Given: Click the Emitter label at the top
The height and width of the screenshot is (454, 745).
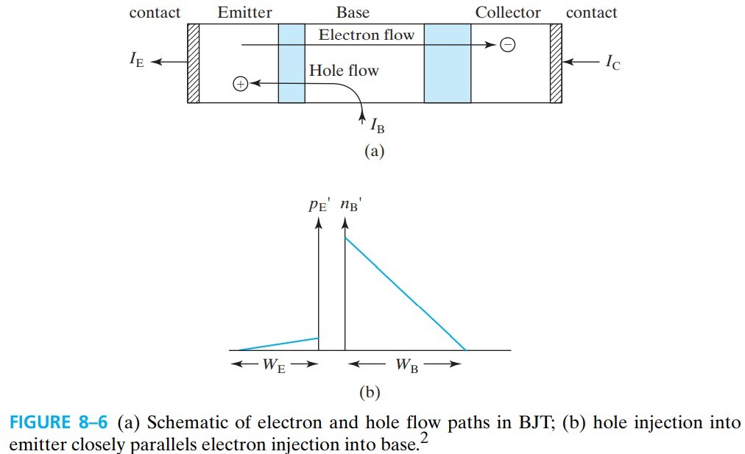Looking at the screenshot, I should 244,13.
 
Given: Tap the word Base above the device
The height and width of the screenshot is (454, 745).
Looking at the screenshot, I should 353,13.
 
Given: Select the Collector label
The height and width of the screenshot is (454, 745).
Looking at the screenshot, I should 507,13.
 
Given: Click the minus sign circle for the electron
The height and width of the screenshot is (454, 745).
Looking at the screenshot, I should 507,45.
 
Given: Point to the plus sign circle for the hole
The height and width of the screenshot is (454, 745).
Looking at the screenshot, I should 239,84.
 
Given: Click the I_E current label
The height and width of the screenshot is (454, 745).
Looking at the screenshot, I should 136,61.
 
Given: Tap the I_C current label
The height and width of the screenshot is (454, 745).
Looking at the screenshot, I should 612,63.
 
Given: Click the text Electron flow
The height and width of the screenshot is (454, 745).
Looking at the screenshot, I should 366,35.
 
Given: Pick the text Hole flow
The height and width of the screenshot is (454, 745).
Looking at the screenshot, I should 344,71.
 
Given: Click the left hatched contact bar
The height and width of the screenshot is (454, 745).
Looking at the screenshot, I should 194,63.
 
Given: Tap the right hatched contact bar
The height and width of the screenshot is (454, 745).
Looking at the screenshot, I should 556,63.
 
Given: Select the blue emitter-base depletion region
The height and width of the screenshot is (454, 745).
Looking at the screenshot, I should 292,63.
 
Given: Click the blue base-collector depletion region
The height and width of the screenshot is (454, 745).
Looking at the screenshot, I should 447,63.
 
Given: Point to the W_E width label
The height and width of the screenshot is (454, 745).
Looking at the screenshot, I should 274,366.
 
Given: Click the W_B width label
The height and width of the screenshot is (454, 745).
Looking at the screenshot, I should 406,366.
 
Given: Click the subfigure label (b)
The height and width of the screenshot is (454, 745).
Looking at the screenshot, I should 370,392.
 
